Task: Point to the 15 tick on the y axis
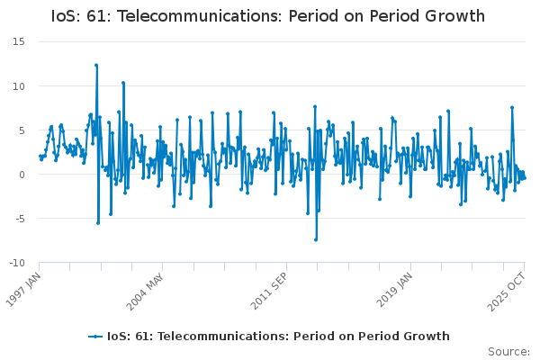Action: coord(18,42)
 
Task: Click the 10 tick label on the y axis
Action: coord(18,86)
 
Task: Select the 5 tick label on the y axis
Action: coord(21,130)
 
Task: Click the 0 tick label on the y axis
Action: coord(21,175)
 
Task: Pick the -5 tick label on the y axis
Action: coord(18,219)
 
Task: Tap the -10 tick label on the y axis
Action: coord(16,263)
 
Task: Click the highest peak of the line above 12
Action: coord(96,65)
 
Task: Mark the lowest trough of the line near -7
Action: coord(316,239)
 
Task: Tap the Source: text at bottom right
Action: coord(508,351)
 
